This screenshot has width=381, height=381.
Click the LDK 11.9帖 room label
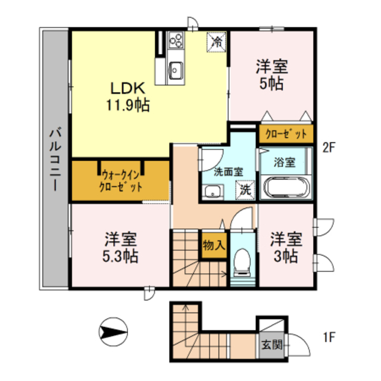tap(127, 97)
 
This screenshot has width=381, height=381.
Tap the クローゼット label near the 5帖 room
tap(286, 133)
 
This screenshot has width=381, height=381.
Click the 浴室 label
tap(283, 161)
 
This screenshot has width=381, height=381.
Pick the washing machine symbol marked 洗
tap(245, 190)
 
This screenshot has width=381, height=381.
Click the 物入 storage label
tap(214, 245)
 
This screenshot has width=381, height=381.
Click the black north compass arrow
tap(112, 330)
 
